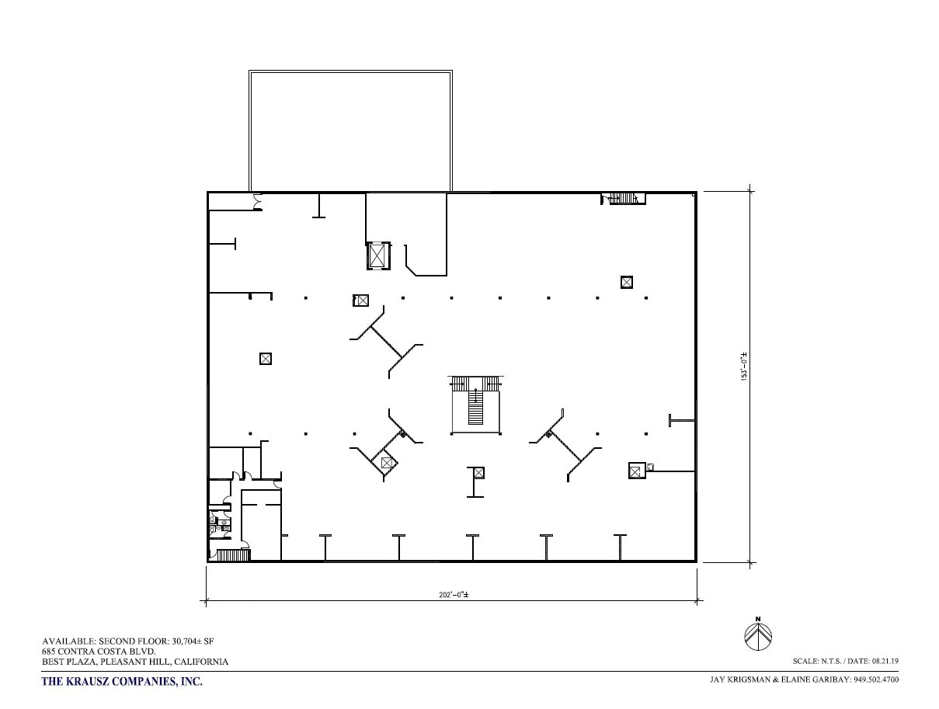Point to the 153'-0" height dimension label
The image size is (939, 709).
pyautogui.click(x=743, y=367)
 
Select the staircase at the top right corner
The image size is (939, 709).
pyautogui.click(x=623, y=198)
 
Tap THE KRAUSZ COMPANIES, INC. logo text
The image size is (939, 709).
pyautogui.click(x=121, y=682)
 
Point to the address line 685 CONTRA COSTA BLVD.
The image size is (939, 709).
pyautogui.click(x=99, y=651)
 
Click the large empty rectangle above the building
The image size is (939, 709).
pyautogui.click(x=350, y=130)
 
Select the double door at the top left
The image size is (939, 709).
pyautogui.click(x=257, y=203)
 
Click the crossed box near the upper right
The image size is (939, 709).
pyautogui.click(x=627, y=282)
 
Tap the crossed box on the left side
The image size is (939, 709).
pyautogui.click(x=266, y=359)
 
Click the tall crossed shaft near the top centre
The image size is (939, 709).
pyautogui.click(x=377, y=255)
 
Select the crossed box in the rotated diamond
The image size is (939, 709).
pyautogui.click(x=386, y=463)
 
